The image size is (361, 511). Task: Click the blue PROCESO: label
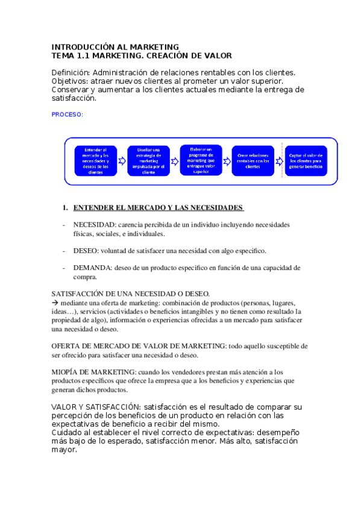(x=67, y=114)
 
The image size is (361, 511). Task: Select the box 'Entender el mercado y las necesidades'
(x=96, y=161)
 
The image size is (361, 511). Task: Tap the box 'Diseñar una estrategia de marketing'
(x=148, y=161)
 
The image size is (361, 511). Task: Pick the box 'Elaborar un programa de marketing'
(x=201, y=160)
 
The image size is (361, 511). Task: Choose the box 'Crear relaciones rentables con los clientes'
(x=253, y=161)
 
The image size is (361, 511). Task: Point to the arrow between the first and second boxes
(x=122, y=161)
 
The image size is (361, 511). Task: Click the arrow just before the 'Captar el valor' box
(x=278, y=161)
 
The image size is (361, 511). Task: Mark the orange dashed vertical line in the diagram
(x=282, y=161)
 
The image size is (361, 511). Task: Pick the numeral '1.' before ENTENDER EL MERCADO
(x=66, y=208)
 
